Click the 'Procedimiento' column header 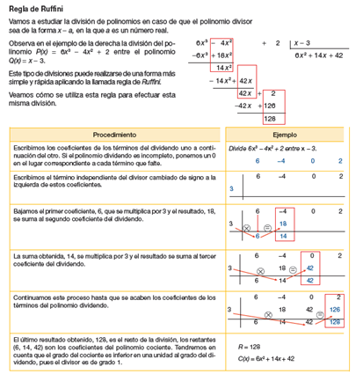pyautogui.click(x=114, y=135)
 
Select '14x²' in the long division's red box pyautogui.click(x=222, y=67)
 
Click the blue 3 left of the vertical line pyautogui.click(x=230, y=187)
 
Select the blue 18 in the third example pyautogui.click(x=283, y=224)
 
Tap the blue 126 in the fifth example pyautogui.click(x=333, y=311)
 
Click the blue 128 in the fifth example pyautogui.click(x=333, y=323)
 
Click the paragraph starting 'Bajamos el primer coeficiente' pyautogui.click(x=110, y=216)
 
